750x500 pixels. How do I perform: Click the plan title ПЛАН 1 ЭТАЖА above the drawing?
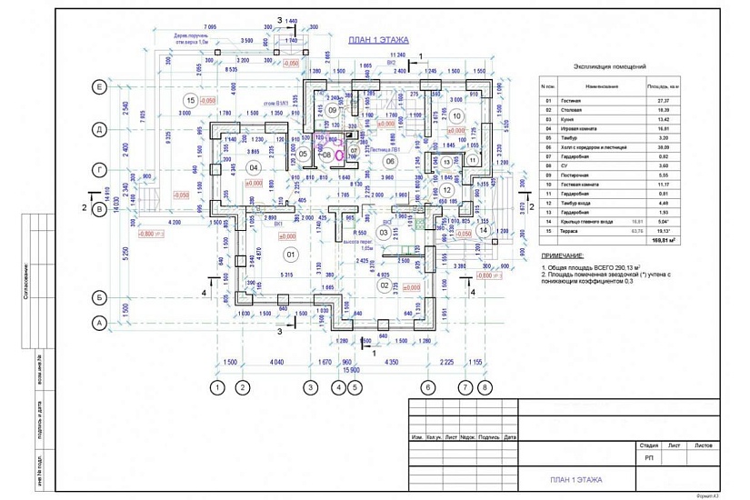[379, 41]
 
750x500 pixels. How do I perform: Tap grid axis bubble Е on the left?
[96, 86]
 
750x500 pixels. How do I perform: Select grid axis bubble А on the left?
[96, 323]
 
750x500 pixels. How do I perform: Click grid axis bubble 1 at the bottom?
[216, 388]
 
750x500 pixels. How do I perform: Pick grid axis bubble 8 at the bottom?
[485, 388]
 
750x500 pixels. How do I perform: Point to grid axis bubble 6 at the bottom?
[427, 388]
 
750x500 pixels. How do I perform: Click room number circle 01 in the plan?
[292, 253]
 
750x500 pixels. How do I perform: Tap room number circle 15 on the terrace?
[190, 100]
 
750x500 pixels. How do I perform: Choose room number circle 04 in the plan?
[255, 167]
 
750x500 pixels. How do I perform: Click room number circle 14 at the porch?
[484, 231]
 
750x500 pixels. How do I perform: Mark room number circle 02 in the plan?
[385, 285]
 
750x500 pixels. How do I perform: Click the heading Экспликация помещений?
[610, 67]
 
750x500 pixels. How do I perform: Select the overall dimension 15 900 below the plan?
[350, 370]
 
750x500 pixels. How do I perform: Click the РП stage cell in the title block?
[649, 458]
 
